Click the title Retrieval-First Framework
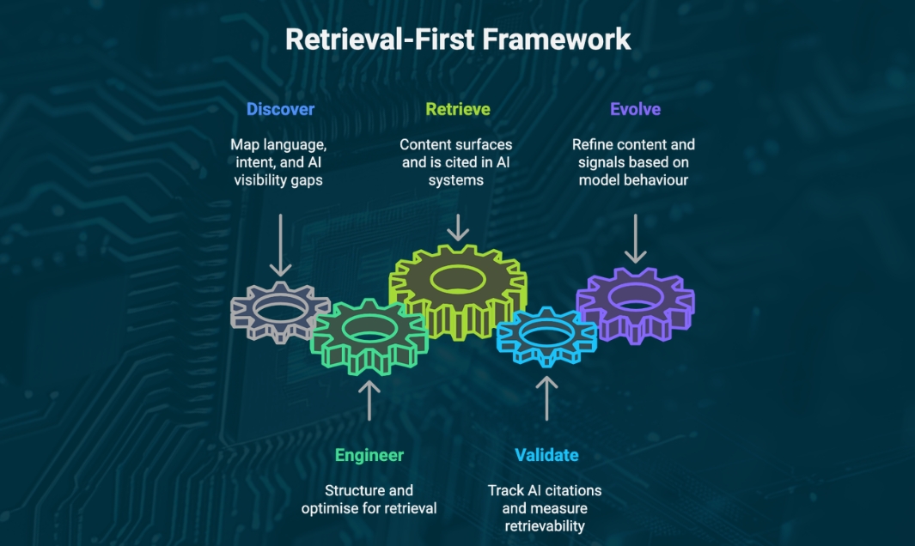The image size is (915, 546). pos(457,39)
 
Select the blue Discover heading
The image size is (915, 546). pos(280,109)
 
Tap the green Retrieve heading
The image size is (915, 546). pos(458,109)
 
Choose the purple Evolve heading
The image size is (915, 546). pos(634,109)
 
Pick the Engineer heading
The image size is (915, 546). pos(369,455)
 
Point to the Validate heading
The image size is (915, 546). pos(546,455)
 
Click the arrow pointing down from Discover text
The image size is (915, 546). pos(280,244)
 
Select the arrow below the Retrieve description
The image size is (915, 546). pos(458,227)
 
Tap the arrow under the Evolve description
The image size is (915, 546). pos(635,238)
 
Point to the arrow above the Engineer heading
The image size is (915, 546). pos(369,400)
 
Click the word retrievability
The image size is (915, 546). pos(545,526)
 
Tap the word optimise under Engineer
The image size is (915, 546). pos(330,508)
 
